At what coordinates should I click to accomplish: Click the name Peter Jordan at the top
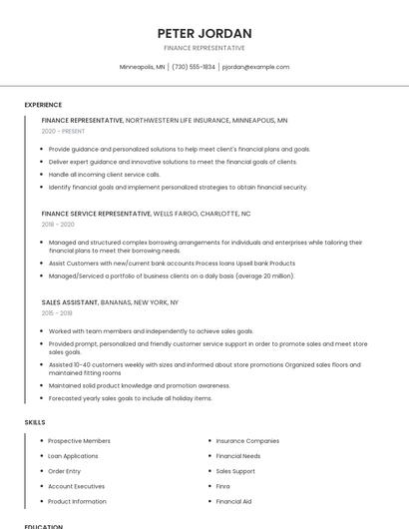(204, 33)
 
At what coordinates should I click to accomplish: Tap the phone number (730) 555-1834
(194, 67)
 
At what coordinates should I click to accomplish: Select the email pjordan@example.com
(255, 67)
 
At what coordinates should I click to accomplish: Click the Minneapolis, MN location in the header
(143, 67)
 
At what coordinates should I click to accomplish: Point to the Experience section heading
(43, 105)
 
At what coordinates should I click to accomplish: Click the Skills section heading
(35, 422)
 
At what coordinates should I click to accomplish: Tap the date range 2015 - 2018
(57, 313)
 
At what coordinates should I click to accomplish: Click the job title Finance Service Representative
(96, 214)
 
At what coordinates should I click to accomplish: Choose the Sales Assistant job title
(70, 301)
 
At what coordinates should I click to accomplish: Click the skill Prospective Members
(79, 440)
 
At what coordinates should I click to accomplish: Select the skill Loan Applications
(73, 455)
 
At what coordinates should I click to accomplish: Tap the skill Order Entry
(65, 471)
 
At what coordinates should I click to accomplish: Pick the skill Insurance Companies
(247, 440)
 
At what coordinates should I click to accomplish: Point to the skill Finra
(223, 486)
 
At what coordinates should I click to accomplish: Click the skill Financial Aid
(233, 501)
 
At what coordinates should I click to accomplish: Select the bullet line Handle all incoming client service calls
(118, 174)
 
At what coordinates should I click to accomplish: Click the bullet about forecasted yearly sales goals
(130, 398)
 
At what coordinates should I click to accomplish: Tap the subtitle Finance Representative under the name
(204, 48)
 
